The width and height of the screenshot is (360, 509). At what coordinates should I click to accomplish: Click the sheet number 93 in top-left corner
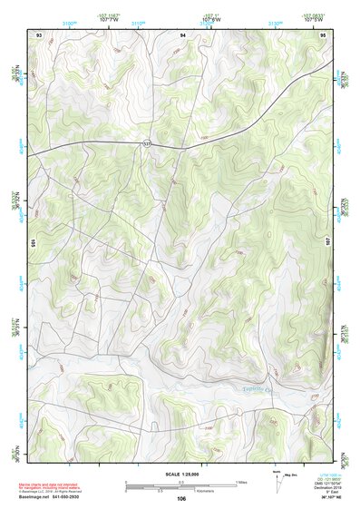38,34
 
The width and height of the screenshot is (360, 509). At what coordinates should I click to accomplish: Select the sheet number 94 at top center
183,34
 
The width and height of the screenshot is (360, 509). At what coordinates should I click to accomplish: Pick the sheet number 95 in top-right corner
324,34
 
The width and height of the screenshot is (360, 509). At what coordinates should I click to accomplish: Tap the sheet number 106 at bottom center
181,498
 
